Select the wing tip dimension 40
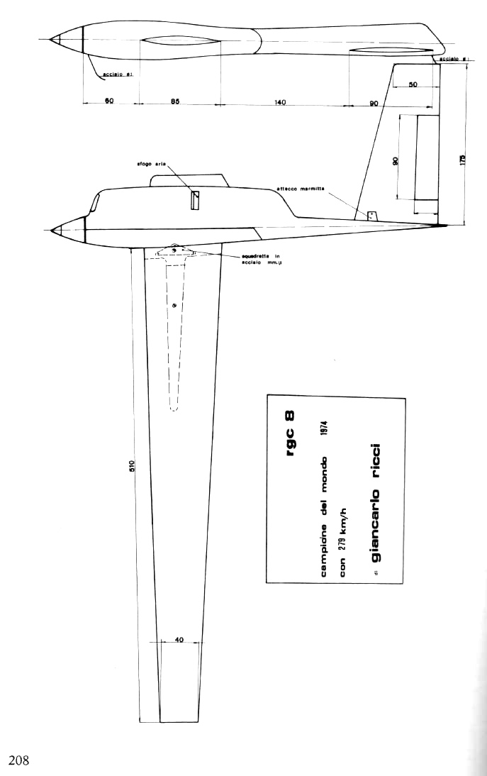pos(179,639)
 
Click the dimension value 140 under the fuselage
pos(280,103)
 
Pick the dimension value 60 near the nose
pos(109,102)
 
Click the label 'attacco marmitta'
pos(301,188)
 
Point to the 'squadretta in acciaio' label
pos(243,260)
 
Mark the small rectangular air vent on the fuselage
pos(196,201)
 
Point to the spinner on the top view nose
pos(66,38)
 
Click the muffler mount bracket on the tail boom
pos(371,214)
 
